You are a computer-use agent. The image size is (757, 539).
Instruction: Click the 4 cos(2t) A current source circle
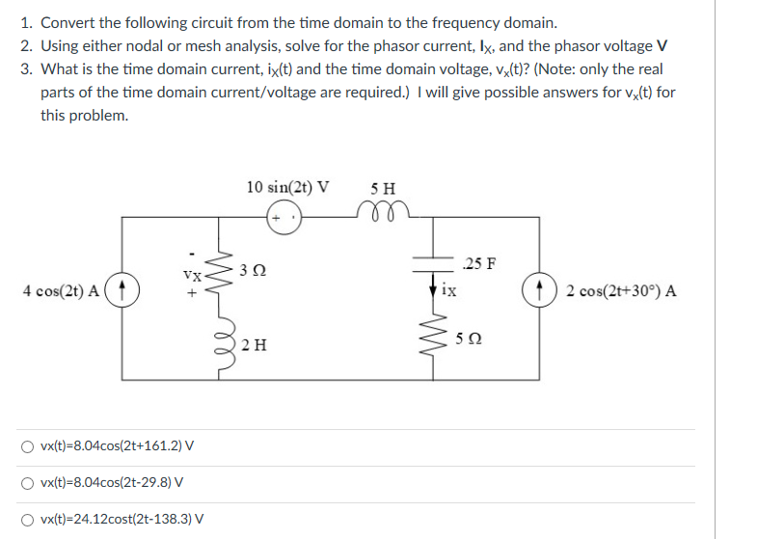tap(122, 290)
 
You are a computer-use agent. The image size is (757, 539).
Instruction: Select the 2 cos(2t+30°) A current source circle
tap(537, 290)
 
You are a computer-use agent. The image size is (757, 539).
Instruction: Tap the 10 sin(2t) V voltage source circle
tap(284, 218)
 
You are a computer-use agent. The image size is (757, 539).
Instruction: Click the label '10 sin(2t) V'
tap(287, 186)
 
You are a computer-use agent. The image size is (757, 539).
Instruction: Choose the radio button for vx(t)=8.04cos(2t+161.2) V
tap(32, 446)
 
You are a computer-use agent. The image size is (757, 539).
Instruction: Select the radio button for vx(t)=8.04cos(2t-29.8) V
tap(32, 482)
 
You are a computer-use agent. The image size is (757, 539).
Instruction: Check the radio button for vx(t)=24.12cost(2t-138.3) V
tap(32, 519)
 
